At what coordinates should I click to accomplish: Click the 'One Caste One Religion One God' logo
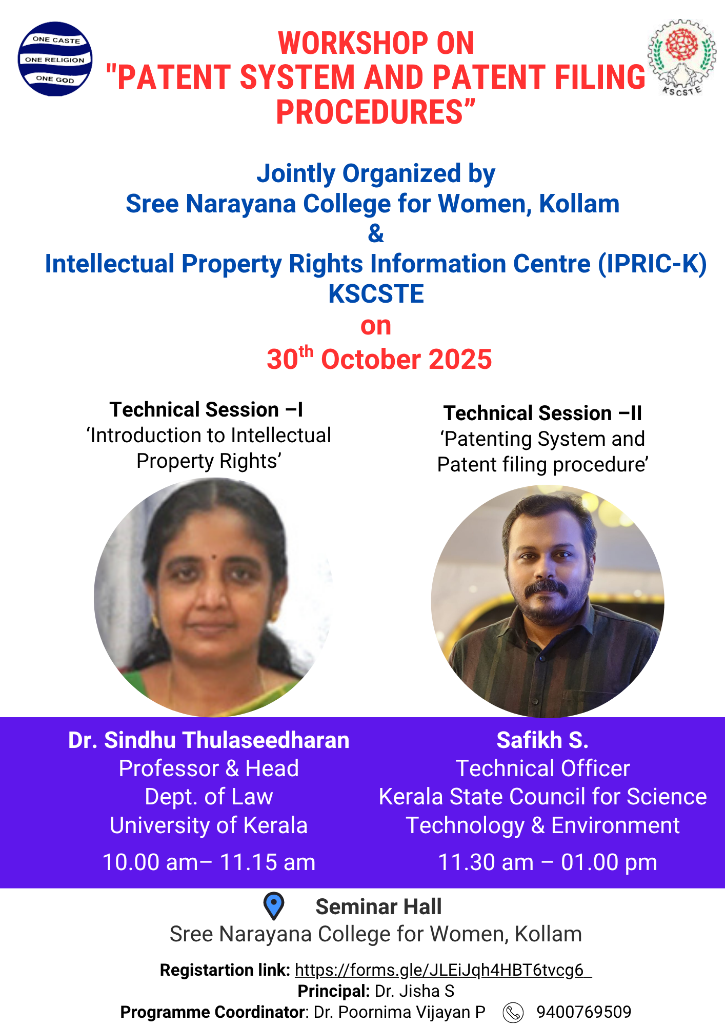55,59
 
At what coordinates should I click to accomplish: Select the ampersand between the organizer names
376,234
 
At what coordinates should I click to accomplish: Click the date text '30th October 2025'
379,359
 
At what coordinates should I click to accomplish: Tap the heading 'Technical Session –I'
207,409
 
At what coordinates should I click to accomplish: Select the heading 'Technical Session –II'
542,413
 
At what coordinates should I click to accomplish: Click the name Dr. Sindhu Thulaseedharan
209,740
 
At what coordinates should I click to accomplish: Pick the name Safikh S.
542,740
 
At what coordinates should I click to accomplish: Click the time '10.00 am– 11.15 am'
209,862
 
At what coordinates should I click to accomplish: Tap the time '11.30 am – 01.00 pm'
548,862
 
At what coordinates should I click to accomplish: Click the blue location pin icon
273,905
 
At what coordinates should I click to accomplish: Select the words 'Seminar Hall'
378,907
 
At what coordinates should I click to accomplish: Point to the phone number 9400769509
583,1012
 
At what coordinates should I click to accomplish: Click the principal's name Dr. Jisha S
414,991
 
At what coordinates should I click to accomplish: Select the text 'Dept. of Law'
209,797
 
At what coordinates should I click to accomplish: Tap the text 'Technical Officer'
542,768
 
